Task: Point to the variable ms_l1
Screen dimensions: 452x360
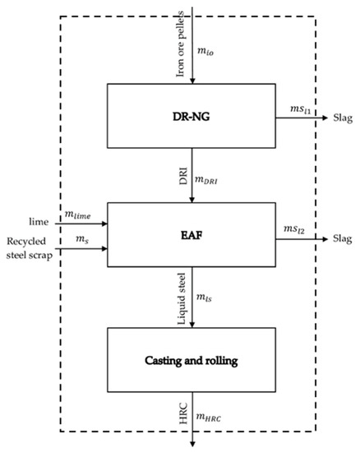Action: [291, 109]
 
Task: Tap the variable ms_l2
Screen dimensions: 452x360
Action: [291, 228]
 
